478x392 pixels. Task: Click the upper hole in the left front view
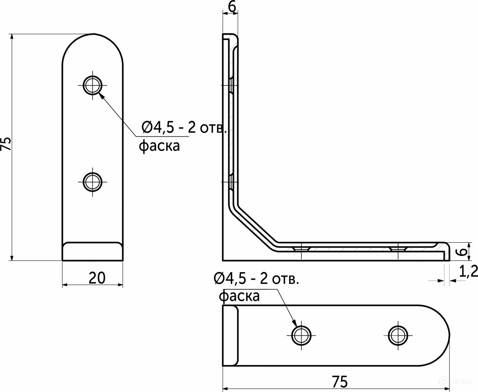point(93,84)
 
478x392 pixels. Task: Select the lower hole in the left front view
point(93,181)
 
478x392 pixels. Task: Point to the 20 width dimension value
point(97,277)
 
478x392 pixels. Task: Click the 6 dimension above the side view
point(232,6)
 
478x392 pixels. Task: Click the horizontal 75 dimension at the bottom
point(337,381)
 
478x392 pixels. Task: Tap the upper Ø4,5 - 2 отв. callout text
point(184,128)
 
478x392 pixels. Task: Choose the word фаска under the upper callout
point(159,146)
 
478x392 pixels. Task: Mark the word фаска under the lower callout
point(239,296)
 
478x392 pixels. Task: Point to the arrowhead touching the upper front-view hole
point(101,95)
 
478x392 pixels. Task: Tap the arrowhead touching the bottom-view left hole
point(295,324)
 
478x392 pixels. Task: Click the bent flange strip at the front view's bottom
point(92,251)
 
